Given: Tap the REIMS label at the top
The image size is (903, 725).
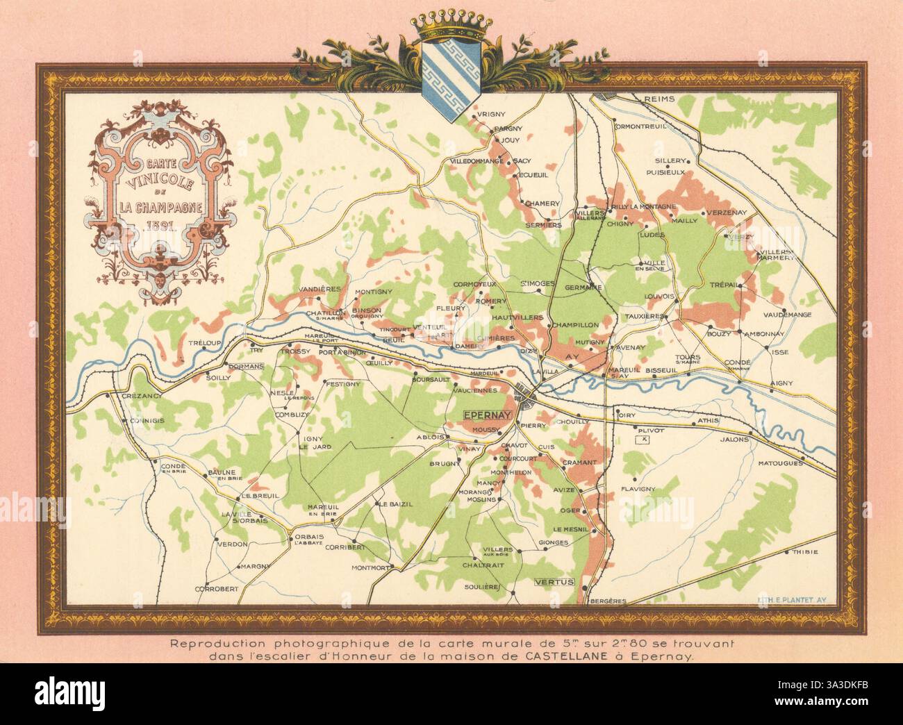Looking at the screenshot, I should pyautogui.click(x=659, y=99).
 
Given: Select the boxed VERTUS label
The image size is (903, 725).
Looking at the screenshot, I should pyautogui.click(x=554, y=582).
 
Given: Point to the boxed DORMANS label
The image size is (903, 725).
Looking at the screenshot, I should pyautogui.click(x=247, y=365).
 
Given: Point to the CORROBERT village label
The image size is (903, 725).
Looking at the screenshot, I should pyautogui.click(x=216, y=588).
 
